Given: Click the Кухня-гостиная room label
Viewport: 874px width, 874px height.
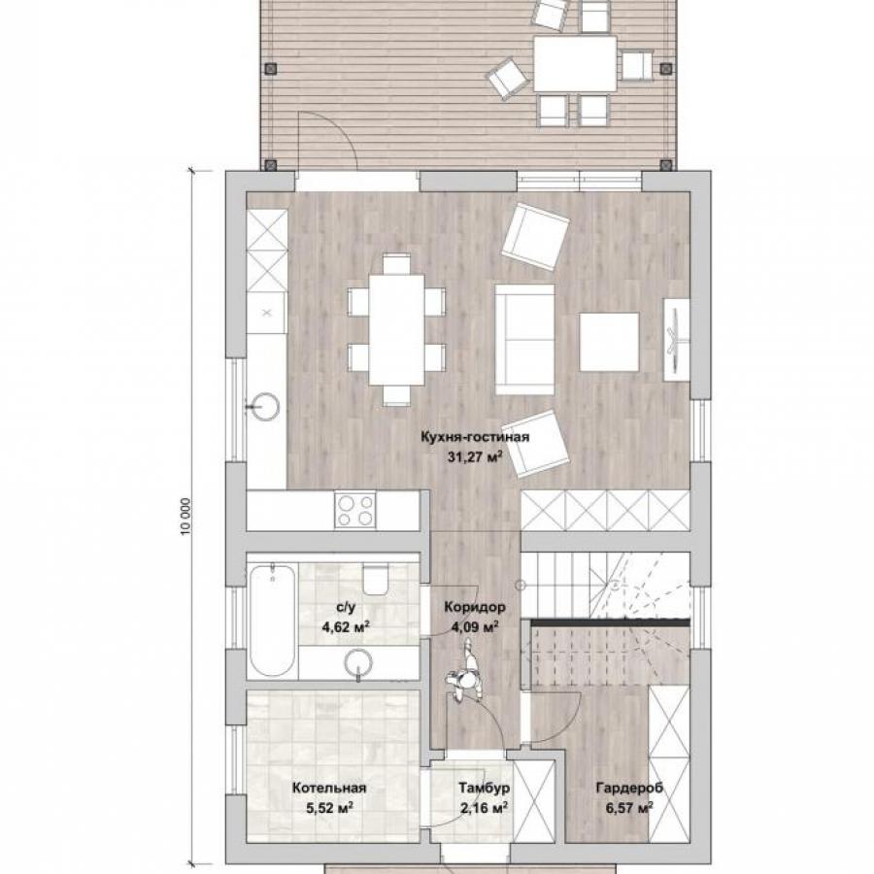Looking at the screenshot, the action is coord(475,437).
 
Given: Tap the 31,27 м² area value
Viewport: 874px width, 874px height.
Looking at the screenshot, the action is coord(475,457).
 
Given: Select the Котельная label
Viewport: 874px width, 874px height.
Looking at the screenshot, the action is coord(329,788).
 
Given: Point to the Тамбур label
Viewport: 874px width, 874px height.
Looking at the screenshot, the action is coord(484,788).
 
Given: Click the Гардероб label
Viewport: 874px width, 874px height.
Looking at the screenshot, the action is coord(629,788).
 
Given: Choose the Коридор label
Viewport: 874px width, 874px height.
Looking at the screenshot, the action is coord(474,606).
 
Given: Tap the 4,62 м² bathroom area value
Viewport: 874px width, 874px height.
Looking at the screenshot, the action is coord(346,627).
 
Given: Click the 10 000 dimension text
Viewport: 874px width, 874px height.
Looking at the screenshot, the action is coord(186,517).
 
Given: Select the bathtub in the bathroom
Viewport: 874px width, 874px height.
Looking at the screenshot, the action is coord(272,621).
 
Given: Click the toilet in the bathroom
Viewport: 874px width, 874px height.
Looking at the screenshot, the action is coord(375,579).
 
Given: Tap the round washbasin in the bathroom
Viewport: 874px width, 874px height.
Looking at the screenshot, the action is coord(358,663).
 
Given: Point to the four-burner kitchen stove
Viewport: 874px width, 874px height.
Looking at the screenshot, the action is coord(355,510).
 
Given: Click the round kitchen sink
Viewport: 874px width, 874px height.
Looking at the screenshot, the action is coord(264,406).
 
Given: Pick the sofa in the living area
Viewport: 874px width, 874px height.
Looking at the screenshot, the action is coord(524,340).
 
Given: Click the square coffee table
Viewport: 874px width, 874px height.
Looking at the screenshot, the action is coord(609,342).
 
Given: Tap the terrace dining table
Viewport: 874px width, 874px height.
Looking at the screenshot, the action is coord(575,63).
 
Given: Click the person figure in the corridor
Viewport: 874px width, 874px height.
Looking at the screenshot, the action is coord(465,671).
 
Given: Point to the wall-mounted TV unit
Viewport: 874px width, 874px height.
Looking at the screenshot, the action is coord(676,340).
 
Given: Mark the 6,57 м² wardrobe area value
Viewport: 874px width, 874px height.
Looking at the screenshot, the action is coord(629,808).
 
